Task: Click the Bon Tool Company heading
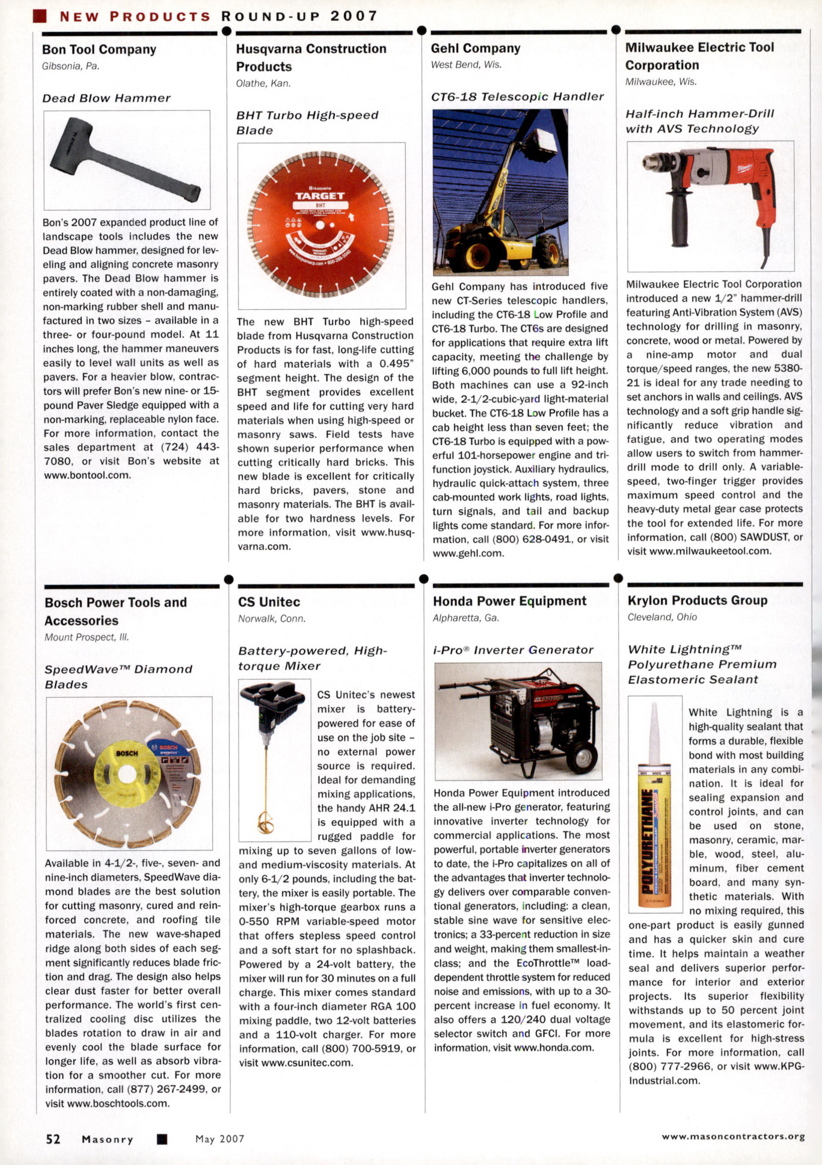point(99,50)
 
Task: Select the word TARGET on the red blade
point(320,196)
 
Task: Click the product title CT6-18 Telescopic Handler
point(517,97)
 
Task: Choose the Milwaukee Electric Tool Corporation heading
point(699,56)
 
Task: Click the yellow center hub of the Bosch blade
point(127,774)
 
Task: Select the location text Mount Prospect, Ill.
point(87,637)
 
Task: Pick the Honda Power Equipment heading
point(509,601)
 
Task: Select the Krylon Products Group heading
point(697,600)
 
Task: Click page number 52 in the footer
point(53,1139)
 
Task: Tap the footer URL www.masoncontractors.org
point(733,1136)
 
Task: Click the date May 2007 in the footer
point(219,1139)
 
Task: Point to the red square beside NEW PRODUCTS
point(40,16)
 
